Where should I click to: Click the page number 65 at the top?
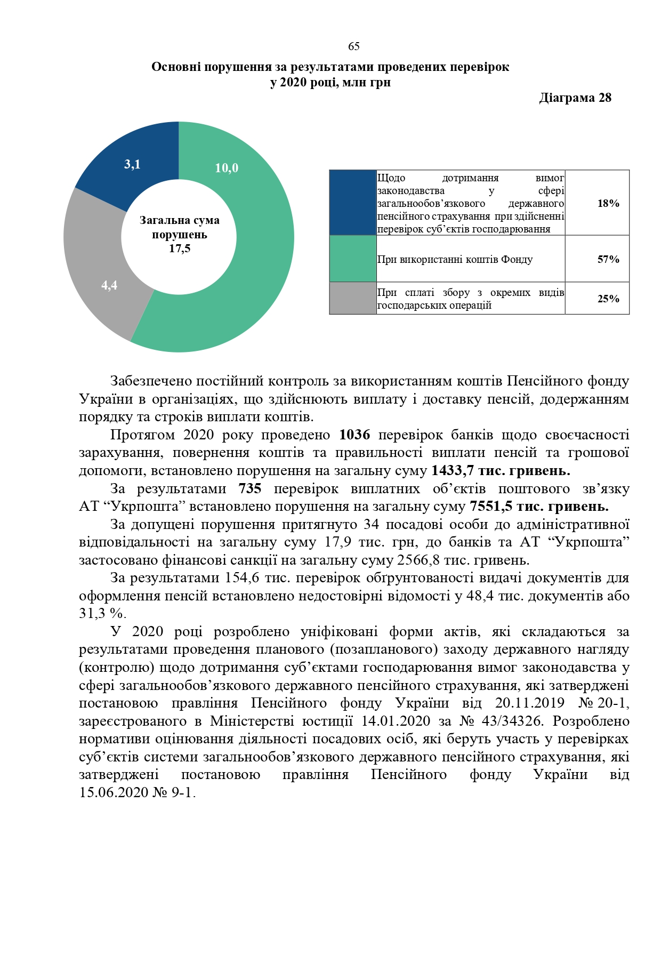[354, 46]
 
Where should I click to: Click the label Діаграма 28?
[575, 98]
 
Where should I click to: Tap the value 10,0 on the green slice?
[227, 168]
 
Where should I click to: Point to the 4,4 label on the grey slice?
[109, 285]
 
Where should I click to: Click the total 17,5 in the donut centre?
[180, 248]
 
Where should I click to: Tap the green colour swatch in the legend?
[353, 259]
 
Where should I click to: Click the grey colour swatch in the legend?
[353, 298]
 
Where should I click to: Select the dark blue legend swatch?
[353, 203]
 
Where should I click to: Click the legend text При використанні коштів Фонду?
[455, 260]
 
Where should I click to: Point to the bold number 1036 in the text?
[354, 435]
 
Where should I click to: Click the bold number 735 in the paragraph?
[250, 488]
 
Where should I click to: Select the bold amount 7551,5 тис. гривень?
[538, 506]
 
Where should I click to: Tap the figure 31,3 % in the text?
[99, 613]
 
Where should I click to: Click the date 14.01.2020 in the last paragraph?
[396, 721]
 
